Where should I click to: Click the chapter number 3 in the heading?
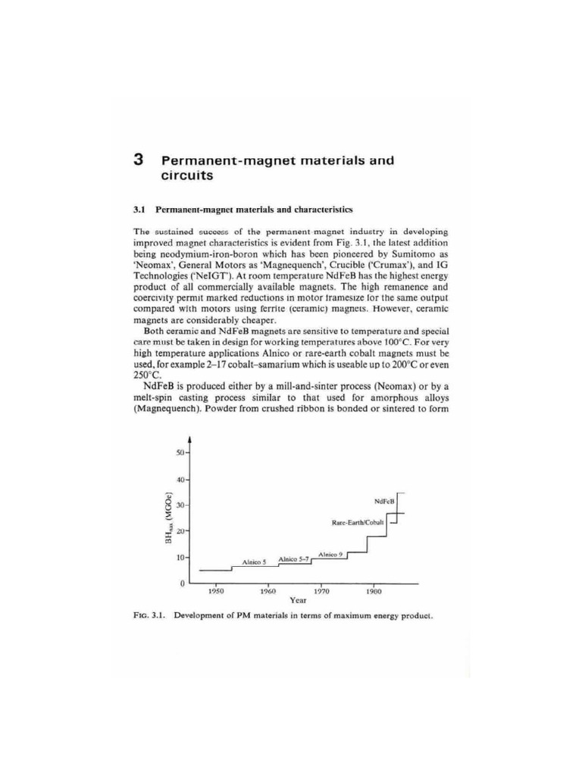point(139,160)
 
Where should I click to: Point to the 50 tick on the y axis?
point(180,453)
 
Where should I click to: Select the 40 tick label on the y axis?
point(180,479)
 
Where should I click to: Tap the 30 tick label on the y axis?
point(180,506)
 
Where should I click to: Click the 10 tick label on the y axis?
point(180,558)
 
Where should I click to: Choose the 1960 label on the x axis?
point(268,593)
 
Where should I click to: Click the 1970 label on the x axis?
point(321,593)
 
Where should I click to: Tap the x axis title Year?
point(298,603)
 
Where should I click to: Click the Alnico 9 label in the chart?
point(331,555)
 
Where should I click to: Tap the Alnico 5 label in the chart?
point(253,563)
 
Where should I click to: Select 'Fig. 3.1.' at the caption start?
point(149,615)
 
